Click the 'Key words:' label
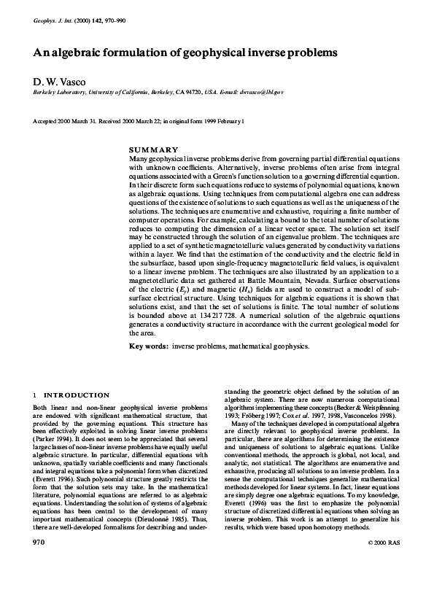148,346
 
